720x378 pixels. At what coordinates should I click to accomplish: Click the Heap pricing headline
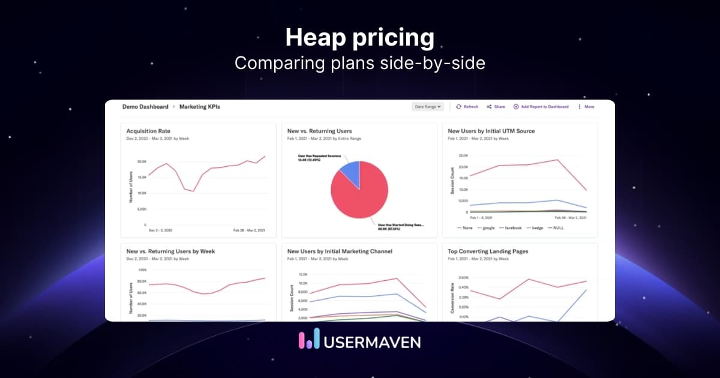tap(359, 38)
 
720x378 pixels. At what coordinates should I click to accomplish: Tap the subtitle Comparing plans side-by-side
tap(359, 63)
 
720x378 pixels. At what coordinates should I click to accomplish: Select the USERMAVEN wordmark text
tap(372, 341)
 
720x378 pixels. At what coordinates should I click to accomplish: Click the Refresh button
tap(467, 107)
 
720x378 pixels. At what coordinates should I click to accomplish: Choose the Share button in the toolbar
tap(496, 107)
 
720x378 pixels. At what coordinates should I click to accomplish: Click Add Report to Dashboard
tap(541, 107)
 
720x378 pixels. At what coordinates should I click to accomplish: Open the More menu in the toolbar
tap(586, 107)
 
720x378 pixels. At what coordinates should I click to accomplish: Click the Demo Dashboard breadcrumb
tap(145, 107)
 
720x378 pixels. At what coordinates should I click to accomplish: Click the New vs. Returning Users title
tap(320, 131)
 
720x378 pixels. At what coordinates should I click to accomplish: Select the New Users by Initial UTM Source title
tap(491, 131)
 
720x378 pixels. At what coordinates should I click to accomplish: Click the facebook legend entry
tap(513, 228)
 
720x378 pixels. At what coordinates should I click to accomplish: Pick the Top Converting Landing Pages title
tap(488, 251)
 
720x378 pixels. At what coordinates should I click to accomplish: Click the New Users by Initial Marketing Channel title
tap(340, 251)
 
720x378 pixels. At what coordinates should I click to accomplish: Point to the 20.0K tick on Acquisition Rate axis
tap(142, 162)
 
